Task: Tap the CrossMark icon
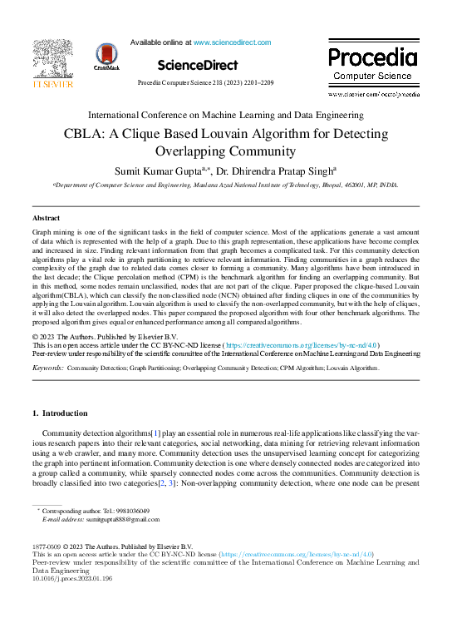107,56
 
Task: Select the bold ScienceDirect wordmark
196,65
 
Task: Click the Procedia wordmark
371,57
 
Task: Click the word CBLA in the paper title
106,135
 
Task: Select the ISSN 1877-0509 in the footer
47,546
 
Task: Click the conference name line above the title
225,115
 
